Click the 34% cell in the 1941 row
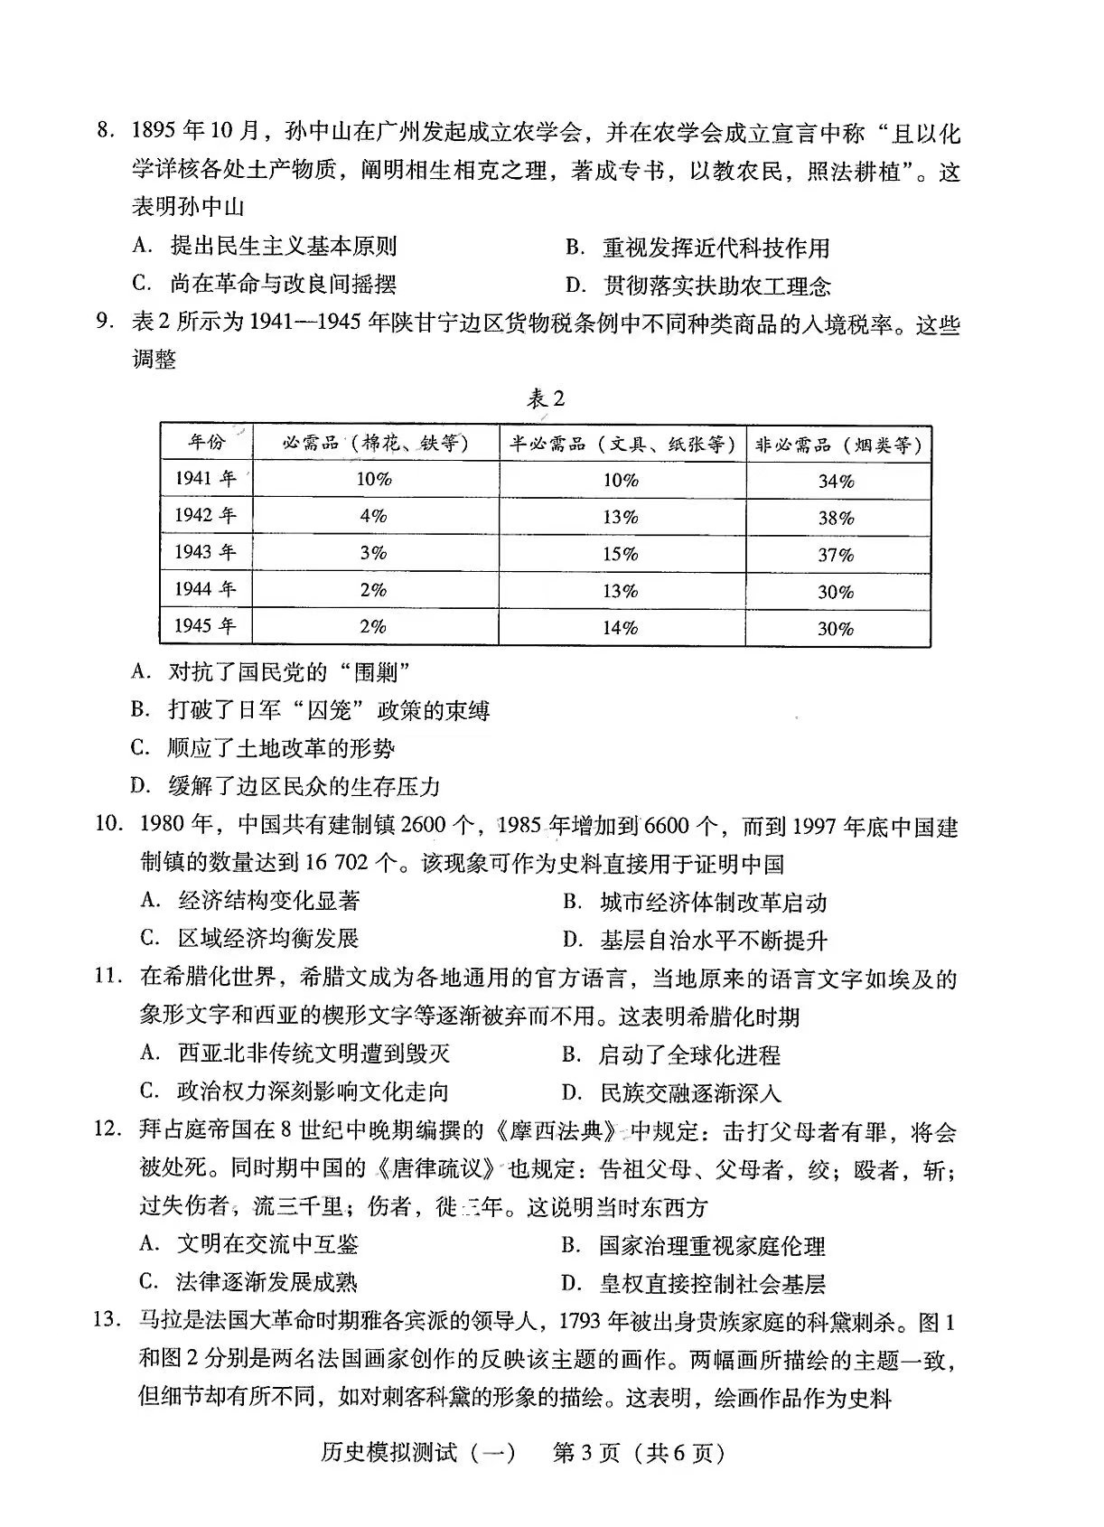836,481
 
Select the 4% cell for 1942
373,516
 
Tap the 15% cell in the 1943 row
621,554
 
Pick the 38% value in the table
836,518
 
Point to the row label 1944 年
205,590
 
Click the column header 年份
206,443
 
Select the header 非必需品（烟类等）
837,445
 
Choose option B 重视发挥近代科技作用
697,248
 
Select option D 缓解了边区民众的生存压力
285,786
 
